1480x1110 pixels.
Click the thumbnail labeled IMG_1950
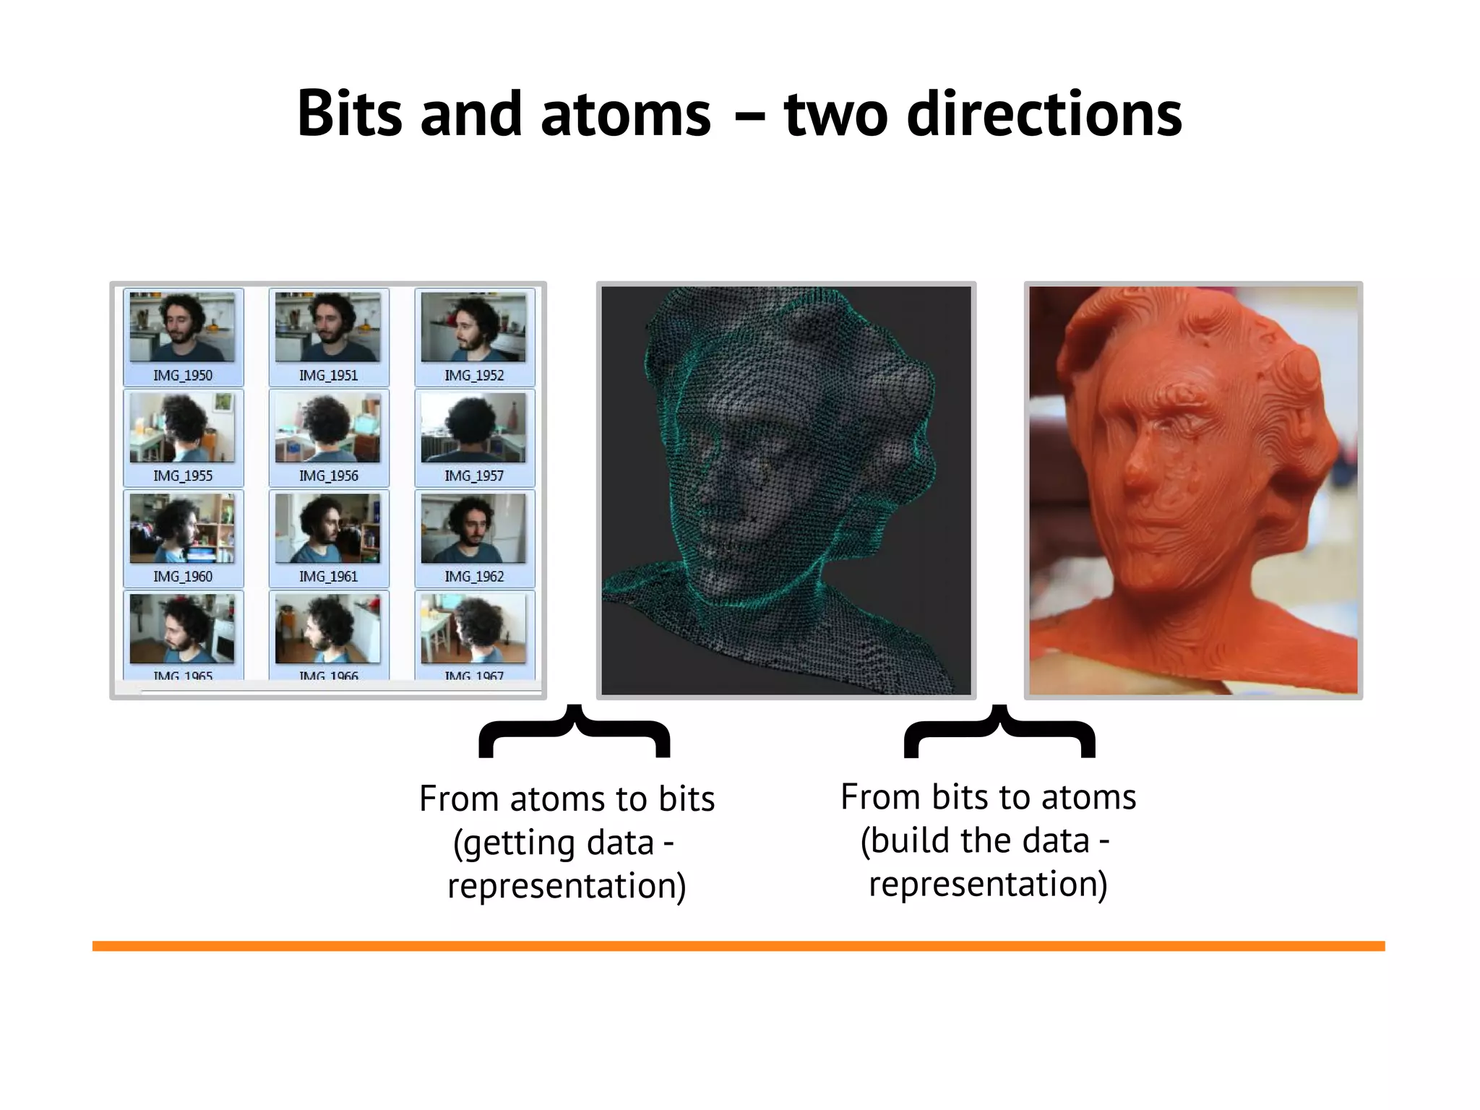[x=182, y=327]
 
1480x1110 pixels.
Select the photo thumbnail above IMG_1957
[x=473, y=428]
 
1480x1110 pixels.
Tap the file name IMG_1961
[x=328, y=577]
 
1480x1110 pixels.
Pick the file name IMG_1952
[x=474, y=376]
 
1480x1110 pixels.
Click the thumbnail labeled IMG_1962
[x=473, y=528]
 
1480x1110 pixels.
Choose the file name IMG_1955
[x=183, y=476]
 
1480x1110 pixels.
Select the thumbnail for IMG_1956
[x=328, y=428]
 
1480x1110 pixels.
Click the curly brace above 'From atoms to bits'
[x=575, y=731]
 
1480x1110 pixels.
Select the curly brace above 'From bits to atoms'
[x=999, y=731]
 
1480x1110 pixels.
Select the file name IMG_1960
[x=183, y=577]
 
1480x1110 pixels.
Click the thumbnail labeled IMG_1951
[x=328, y=327]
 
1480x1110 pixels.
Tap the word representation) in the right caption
[x=988, y=885]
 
